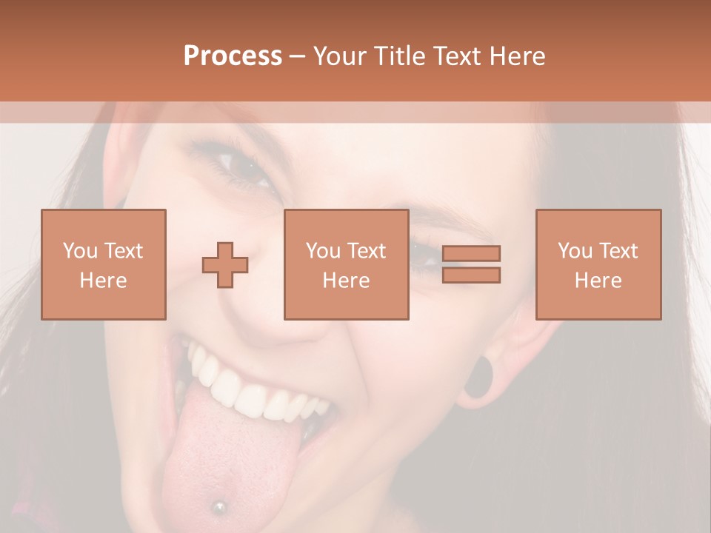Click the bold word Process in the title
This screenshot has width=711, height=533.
point(233,56)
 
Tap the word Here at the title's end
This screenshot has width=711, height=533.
point(519,56)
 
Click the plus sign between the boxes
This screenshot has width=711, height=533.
point(225,265)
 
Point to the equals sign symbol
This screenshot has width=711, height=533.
point(471,264)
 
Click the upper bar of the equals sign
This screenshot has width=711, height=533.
point(471,254)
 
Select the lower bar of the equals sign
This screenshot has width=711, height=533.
point(471,275)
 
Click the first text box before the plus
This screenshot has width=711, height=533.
point(103,264)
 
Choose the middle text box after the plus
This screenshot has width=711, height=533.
point(346,264)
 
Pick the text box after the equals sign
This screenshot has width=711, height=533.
point(598,264)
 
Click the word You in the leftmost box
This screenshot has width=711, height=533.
point(80,251)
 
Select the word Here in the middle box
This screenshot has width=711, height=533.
point(346,281)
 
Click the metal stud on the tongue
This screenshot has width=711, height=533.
point(218,507)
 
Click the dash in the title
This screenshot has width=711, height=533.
point(298,56)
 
